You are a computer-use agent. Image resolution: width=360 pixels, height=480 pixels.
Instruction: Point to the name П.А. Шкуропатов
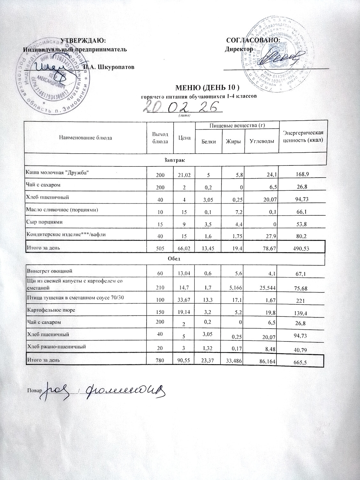[x=109, y=67]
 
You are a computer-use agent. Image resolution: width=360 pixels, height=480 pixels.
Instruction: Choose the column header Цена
[x=184, y=138]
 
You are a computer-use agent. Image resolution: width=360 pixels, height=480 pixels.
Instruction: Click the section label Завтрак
[x=175, y=159]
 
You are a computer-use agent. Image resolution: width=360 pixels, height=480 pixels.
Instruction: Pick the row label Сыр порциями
[x=45, y=222]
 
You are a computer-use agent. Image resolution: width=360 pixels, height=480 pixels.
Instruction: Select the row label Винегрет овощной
[x=50, y=271]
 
